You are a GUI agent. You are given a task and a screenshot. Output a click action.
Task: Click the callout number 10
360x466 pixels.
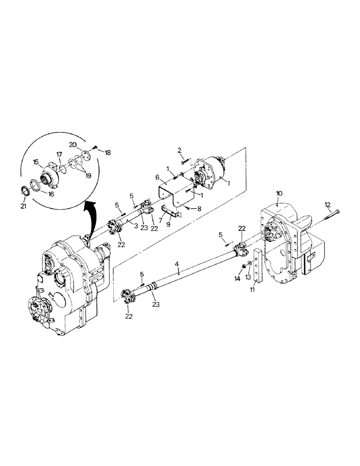(279, 192)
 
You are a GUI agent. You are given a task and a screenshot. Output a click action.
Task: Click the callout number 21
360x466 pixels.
(25, 206)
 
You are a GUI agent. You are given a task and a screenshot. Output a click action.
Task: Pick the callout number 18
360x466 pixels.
(109, 152)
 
